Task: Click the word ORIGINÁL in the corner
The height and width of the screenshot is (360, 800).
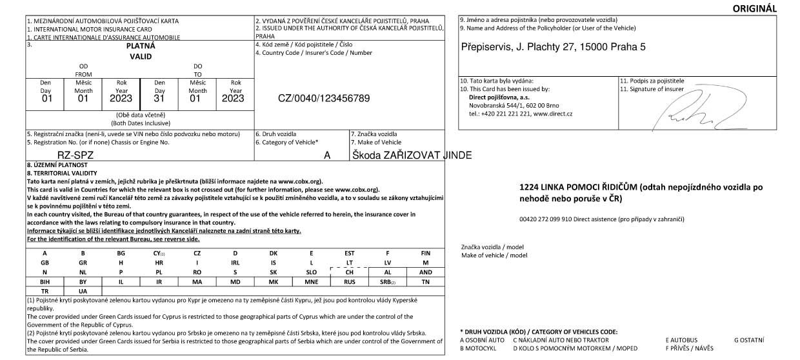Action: pyautogui.click(x=755, y=8)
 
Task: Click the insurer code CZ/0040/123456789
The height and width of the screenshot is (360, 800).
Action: pyautogui.click(x=324, y=99)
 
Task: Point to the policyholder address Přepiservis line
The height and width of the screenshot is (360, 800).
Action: pyautogui.click(x=554, y=47)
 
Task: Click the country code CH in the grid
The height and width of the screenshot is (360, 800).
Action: pyautogui.click(x=349, y=272)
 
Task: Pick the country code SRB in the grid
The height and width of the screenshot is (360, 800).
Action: pyautogui.click(x=387, y=282)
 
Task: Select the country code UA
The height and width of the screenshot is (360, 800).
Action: pyautogui.click(x=83, y=292)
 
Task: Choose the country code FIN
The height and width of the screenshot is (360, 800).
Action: pyautogui.click(x=425, y=253)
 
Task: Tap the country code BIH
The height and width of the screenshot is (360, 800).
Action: pyautogui.click(x=45, y=282)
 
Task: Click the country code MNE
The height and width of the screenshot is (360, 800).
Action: pyautogui.click(x=311, y=282)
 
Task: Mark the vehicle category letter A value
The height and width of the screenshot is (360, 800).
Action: pyautogui.click(x=327, y=155)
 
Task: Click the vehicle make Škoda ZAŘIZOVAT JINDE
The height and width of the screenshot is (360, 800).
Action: pyautogui.click(x=412, y=155)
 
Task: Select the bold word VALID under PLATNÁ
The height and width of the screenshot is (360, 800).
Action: pyautogui.click(x=141, y=57)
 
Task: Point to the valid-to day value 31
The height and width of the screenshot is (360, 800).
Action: pyautogui.click(x=159, y=99)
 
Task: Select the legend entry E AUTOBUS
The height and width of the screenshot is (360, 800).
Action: pyautogui.click(x=681, y=339)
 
